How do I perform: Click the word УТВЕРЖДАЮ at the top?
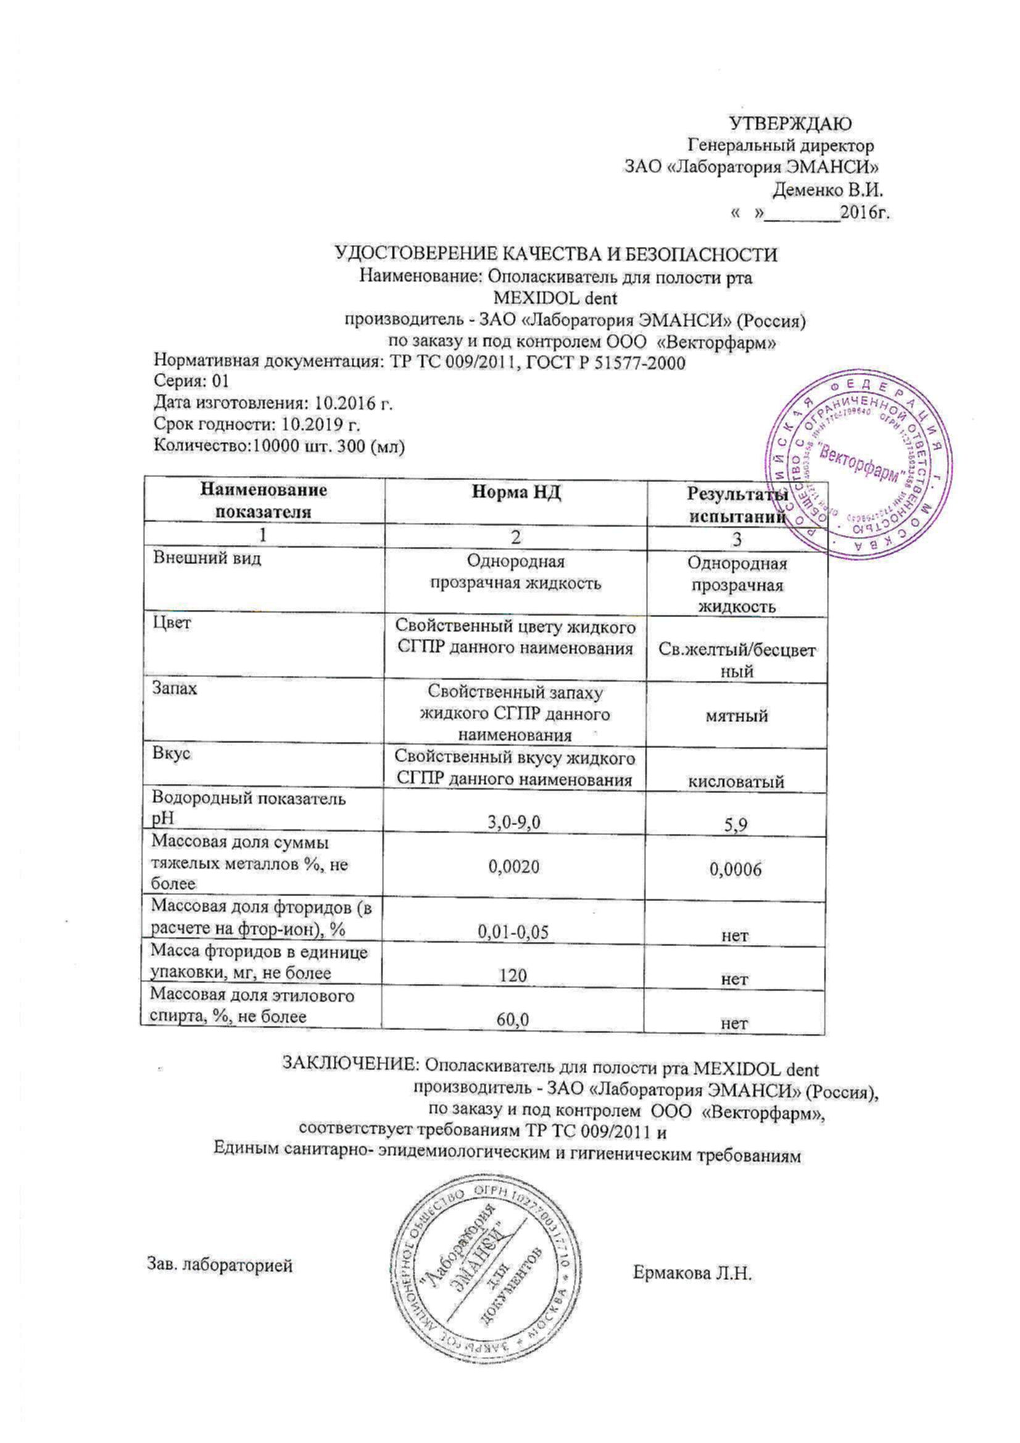[x=790, y=124]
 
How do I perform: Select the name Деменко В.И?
[x=827, y=189]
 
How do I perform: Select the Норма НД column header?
[x=516, y=493]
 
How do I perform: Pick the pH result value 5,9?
[x=736, y=824]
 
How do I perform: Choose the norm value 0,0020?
[x=514, y=867]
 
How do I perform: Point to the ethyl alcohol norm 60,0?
[x=512, y=1020]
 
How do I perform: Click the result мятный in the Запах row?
[x=737, y=715]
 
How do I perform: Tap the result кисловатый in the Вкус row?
[x=736, y=782]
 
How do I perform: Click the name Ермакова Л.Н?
[x=692, y=1274]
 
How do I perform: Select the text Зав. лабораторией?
[x=220, y=1265]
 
